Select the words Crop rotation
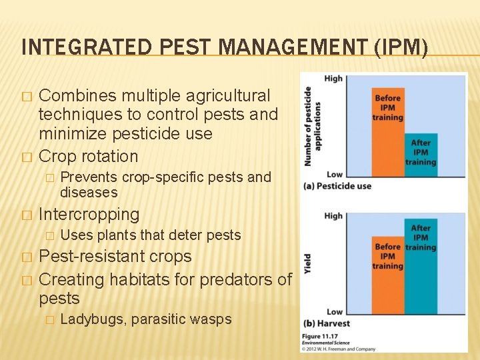coord(89,157)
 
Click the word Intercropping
coord(89,215)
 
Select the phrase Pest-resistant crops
coord(115,257)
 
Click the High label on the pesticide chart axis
coord(333,79)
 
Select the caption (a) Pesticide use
coord(336,186)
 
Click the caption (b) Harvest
coord(326,323)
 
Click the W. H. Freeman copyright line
coord(338,348)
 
